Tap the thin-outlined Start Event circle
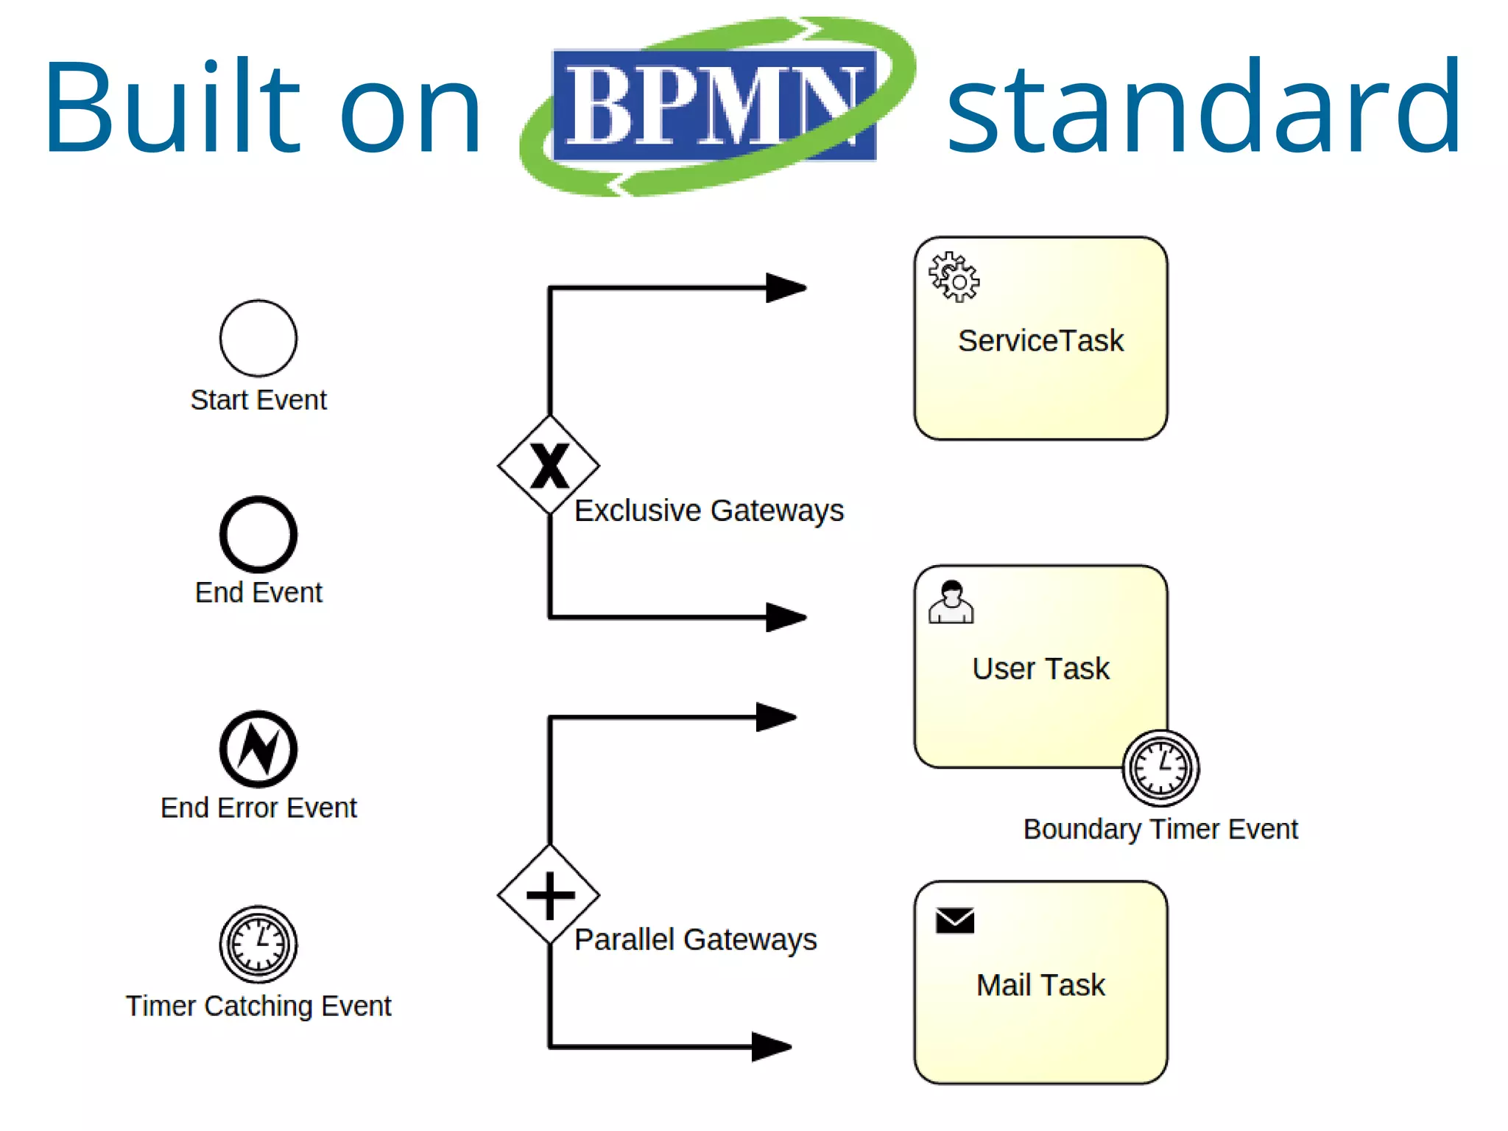tap(258, 338)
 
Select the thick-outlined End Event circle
tap(258, 534)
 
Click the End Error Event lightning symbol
tap(258, 749)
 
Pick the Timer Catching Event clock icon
tap(258, 944)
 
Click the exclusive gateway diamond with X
tap(549, 465)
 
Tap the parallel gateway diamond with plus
tap(549, 895)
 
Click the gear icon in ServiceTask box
tap(954, 277)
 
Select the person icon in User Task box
tap(951, 602)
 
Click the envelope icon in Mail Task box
tap(955, 920)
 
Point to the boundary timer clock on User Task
tap(1160, 768)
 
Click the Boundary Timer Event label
tap(1160, 830)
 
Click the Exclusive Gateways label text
tap(708, 511)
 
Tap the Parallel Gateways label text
tap(695, 939)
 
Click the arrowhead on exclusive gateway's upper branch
tap(785, 288)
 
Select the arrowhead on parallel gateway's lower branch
tap(770, 1046)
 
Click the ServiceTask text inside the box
tap(1040, 341)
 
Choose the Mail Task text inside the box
tap(1040, 985)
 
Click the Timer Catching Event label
tap(258, 1006)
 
